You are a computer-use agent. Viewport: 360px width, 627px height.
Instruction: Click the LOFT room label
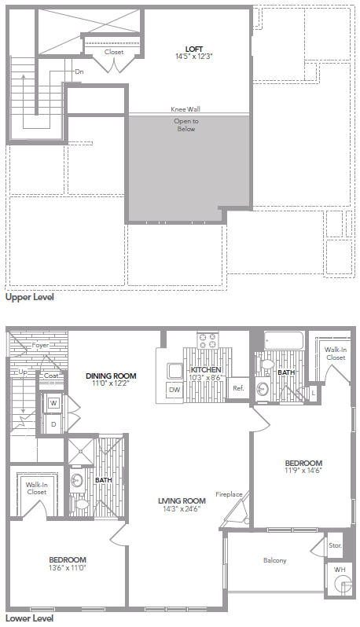[189, 49]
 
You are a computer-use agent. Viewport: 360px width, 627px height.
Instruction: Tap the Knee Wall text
[185, 109]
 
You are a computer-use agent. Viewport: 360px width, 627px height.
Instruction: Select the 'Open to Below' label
[186, 125]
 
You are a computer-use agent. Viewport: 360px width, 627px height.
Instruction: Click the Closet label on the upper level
[114, 52]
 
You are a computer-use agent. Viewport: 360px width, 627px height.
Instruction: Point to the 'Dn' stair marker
[79, 71]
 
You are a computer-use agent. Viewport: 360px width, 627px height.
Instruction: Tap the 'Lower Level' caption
[29, 618]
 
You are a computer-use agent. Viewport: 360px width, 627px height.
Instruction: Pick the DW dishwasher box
[174, 389]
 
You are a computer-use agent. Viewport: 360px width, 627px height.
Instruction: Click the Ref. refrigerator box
[237, 389]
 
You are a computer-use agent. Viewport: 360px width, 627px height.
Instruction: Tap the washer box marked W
[54, 404]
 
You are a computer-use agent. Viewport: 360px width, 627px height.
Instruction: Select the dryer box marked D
[54, 424]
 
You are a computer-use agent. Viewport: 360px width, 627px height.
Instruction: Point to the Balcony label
[274, 560]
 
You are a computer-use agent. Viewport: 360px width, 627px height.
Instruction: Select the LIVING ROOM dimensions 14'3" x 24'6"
[181, 508]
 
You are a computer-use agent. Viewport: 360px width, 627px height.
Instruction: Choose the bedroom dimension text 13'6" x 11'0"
[67, 567]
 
